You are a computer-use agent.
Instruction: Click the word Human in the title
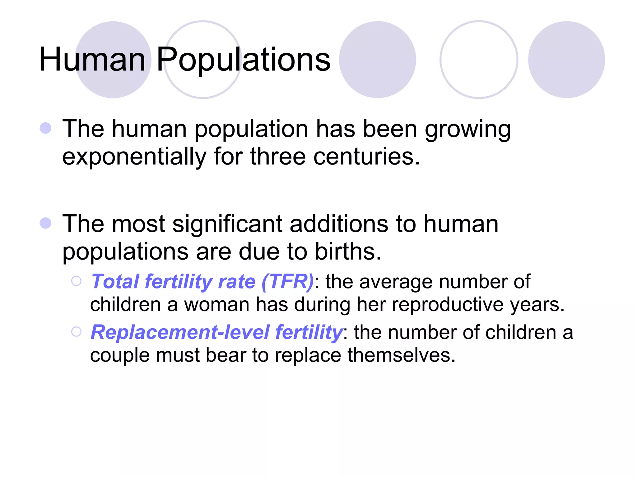pyautogui.click(x=92, y=60)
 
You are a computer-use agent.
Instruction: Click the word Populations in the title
pyautogui.click(x=243, y=60)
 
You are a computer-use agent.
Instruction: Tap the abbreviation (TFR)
pyautogui.click(x=287, y=281)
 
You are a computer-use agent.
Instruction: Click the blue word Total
pyautogui.click(x=115, y=281)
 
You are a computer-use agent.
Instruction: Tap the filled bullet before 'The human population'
pyautogui.click(x=46, y=128)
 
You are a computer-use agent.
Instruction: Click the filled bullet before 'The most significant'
pyautogui.click(x=46, y=223)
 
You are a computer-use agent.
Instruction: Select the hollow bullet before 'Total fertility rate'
pyautogui.click(x=76, y=281)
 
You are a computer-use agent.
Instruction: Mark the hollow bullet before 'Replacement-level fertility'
pyautogui.click(x=76, y=332)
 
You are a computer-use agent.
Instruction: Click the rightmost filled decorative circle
pyautogui.click(x=566, y=60)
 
